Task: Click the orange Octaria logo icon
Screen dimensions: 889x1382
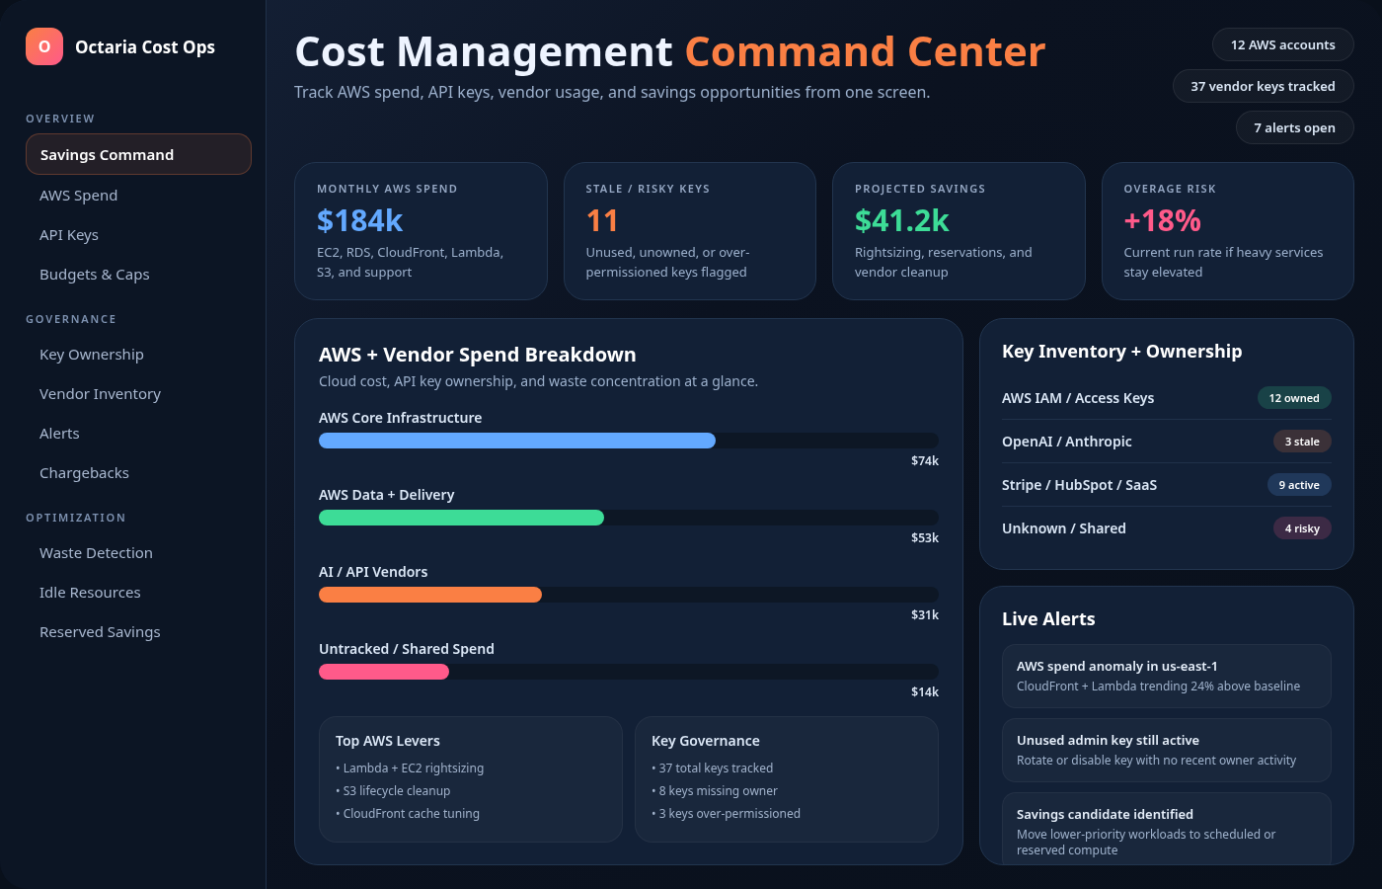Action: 44,46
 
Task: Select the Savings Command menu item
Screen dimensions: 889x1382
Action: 138,155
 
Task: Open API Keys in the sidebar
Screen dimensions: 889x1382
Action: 69,235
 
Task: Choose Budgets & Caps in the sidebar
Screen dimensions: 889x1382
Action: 95,275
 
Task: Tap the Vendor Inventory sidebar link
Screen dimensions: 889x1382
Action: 100,394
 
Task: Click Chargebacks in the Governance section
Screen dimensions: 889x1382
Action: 84,473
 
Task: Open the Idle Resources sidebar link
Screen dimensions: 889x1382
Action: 90,593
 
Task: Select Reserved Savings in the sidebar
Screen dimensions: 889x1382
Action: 100,632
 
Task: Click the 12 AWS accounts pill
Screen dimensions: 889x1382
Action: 1282,44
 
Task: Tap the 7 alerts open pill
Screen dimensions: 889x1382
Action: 1294,127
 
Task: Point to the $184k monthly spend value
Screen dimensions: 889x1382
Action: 360,220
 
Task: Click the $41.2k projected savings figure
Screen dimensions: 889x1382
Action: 901,220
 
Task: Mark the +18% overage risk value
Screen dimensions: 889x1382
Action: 1162,220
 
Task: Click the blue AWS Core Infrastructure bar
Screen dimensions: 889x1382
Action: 516,441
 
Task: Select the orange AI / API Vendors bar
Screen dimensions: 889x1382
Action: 429,595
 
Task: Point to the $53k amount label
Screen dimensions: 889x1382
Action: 924,538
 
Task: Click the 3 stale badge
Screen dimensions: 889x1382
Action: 1301,442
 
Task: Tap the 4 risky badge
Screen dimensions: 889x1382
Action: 1301,528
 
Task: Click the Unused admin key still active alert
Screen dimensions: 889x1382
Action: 1166,750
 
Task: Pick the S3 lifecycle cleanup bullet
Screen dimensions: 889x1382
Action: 396,791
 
